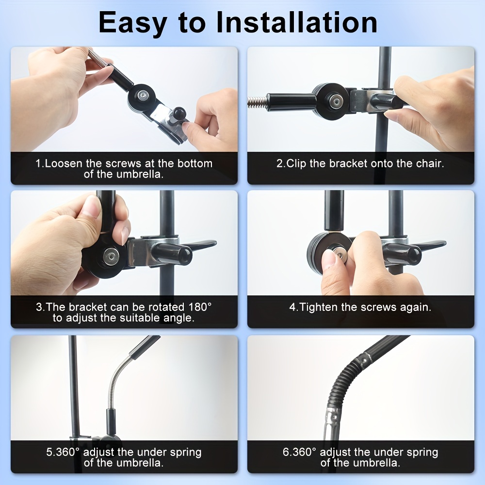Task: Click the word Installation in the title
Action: pos(296,22)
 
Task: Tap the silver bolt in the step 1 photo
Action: pos(143,95)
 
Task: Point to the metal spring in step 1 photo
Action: pos(98,58)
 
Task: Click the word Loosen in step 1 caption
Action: pos(64,163)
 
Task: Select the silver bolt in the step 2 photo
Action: pos(335,101)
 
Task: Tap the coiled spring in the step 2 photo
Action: pos(258,102)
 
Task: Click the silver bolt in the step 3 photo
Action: pos(111,257)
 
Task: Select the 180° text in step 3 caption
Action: pos(200,307)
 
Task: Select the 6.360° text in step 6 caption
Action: pos(299,452)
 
